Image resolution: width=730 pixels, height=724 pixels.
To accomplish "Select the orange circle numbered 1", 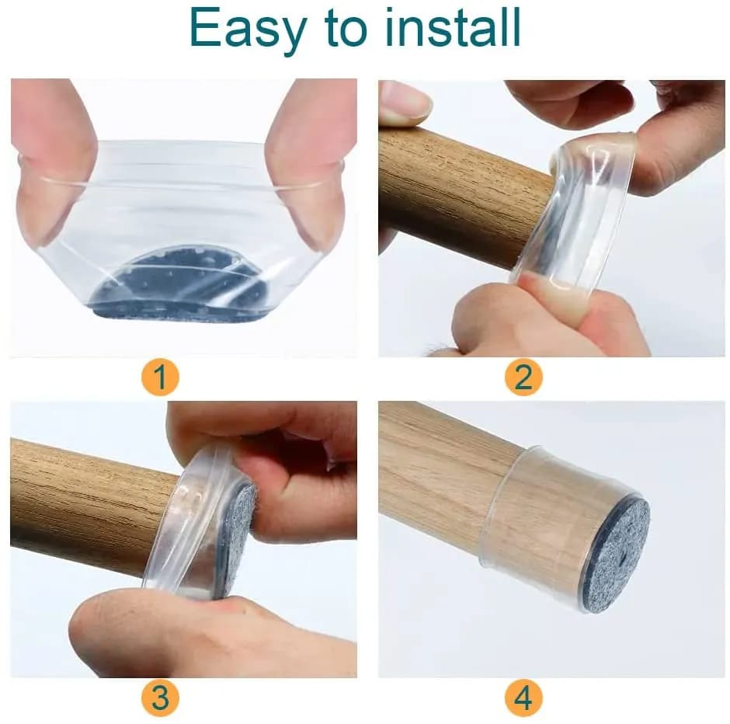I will [160, 378].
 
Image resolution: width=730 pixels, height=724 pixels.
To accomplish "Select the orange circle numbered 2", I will [523, 378].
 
